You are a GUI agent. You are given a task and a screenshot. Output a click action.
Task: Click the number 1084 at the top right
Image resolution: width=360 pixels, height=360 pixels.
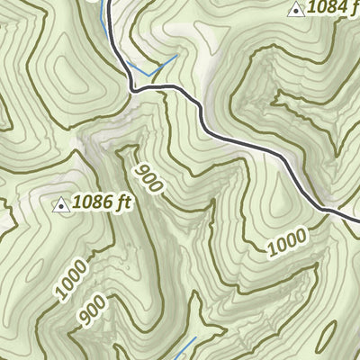tap(326, 9)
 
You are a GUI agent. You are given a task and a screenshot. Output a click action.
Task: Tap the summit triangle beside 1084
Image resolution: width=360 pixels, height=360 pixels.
tap(294, 10)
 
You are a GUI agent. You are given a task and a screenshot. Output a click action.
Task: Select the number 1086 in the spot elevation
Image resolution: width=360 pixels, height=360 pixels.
tap(94, 202)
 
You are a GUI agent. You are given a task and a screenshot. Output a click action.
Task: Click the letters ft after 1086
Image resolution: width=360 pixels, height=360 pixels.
tap(123, 202)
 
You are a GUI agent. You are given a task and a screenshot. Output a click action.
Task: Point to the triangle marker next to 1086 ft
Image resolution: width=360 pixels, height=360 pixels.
tap(61, 205)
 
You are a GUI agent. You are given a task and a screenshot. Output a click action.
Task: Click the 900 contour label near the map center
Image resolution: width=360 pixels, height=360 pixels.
tap(149, 178)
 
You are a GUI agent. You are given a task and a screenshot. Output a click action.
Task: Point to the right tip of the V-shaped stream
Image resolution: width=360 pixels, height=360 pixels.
tap(175, 56)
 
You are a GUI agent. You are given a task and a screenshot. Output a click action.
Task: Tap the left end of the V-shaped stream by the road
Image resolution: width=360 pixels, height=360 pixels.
tap(127, 63)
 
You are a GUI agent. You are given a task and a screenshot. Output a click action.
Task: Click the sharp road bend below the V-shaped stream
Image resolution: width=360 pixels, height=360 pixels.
tap(133, 89)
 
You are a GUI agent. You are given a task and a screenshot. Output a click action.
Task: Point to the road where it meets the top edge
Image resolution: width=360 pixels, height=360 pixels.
tap(107, 2)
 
